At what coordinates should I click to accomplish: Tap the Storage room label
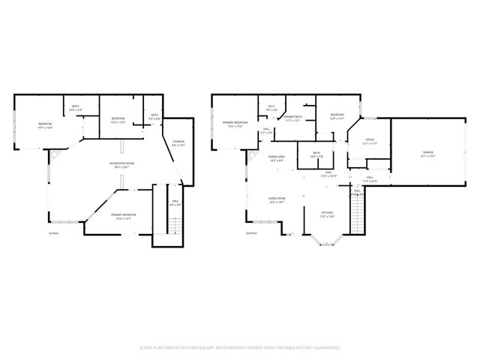point(178,143)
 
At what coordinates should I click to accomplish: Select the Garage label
point(427,154)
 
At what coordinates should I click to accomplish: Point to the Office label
point(370,142)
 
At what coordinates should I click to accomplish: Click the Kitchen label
point(328,214)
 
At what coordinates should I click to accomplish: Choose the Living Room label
point(277,200)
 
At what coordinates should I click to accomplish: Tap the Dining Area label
point(276,158)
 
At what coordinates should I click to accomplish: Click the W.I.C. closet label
point(272,108)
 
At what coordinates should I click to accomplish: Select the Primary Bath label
point(292,118)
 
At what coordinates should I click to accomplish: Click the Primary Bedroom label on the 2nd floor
point(235,124)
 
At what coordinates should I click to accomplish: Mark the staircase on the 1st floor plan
point(174,225)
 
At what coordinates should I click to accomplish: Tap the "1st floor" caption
point(53,233)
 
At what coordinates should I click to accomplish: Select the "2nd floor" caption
point(250,233)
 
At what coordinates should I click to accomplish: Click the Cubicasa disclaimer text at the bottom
point(240,348)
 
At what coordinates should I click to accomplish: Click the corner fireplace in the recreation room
point(55,155)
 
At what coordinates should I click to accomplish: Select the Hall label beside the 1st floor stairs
point(175,202)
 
